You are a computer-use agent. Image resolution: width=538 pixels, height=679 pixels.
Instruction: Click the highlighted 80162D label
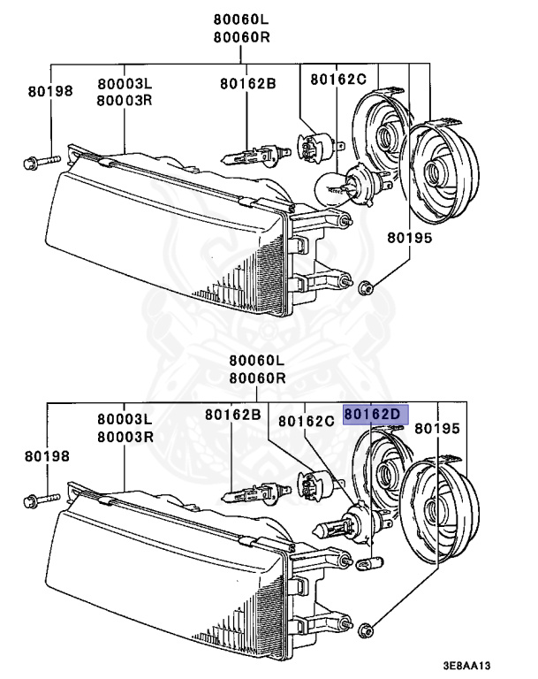373,414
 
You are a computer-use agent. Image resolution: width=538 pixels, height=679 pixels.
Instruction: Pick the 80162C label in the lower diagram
306,421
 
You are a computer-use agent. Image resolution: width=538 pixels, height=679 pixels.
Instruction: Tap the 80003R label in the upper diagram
125,99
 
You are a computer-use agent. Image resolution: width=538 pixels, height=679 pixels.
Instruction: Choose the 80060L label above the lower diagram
256,361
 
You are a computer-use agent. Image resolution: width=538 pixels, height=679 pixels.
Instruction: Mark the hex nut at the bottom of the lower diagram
367,629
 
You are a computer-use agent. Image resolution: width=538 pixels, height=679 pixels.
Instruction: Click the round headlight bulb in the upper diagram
337,186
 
